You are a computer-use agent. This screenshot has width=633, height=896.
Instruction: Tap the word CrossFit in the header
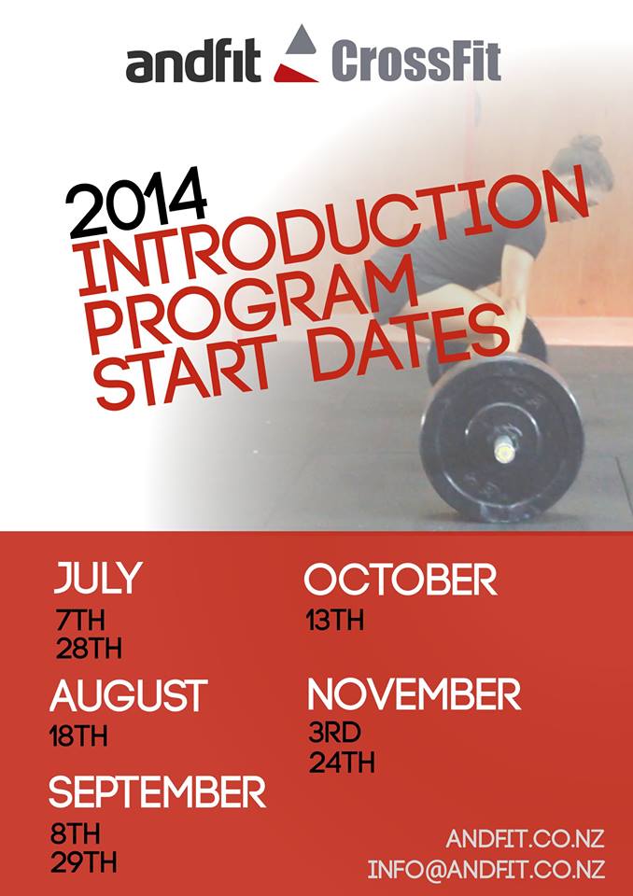(x=415, y=62)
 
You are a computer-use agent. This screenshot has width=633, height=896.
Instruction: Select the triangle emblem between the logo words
(x=296, y=54)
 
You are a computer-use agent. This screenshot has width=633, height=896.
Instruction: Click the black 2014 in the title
(x=136, y=203)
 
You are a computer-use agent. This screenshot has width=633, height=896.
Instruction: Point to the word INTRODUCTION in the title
(x=333, y=231)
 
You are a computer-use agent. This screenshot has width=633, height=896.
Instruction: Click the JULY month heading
(x=98, y=578)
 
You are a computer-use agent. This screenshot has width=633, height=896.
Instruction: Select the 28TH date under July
(x=90, y=650)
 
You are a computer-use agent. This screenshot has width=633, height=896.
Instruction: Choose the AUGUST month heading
(x=129, y=694)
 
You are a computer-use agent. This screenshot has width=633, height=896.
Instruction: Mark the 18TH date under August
(x=79, y=736)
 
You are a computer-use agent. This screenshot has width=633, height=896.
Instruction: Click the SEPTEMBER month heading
(x=158, y=792)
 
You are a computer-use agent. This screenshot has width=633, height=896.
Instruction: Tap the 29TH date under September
(x=84, y=862)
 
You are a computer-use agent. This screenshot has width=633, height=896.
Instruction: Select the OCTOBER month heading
(x=401, y=580)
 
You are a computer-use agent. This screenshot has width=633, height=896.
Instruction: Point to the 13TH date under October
(x=335, y=621)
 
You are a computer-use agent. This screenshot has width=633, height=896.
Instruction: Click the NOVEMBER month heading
(x=415, y=693)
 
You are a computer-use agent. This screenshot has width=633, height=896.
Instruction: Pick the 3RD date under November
(x=335, y=734)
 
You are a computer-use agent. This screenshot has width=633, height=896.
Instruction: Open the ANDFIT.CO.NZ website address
(x=525, y=839)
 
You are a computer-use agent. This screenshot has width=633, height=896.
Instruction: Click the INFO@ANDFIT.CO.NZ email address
(x=486, y=869)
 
